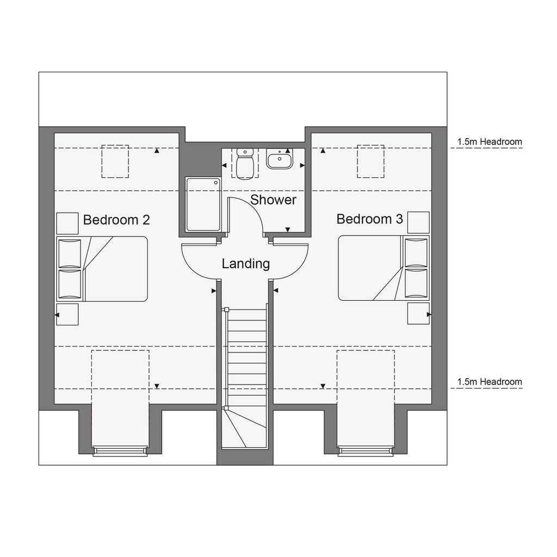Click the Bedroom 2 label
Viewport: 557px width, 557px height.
coord(116,220)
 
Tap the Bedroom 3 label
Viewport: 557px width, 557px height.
coord(369,219)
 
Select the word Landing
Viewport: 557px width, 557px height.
coord(246,264)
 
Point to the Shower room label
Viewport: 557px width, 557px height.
coord(273,200)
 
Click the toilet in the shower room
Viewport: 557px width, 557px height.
coord(244,164)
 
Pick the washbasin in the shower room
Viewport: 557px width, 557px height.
coord(280,159)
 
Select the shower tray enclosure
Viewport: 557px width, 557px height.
coord(203,205)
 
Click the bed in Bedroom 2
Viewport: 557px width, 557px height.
coord(102,269)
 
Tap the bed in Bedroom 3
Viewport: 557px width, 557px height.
coord(383,268)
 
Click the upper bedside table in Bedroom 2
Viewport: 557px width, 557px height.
coord(67,224)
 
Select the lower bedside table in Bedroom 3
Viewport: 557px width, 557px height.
coord(418,313)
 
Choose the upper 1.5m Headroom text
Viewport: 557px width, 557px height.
coord(490,141)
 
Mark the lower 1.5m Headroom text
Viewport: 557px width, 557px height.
coord(490,382)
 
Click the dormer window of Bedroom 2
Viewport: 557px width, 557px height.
coord(120,451)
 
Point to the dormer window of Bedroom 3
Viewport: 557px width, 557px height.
coord(366,451)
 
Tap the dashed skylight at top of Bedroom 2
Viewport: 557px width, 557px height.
coord(115,145)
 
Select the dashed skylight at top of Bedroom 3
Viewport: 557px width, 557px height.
coord(370,145)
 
